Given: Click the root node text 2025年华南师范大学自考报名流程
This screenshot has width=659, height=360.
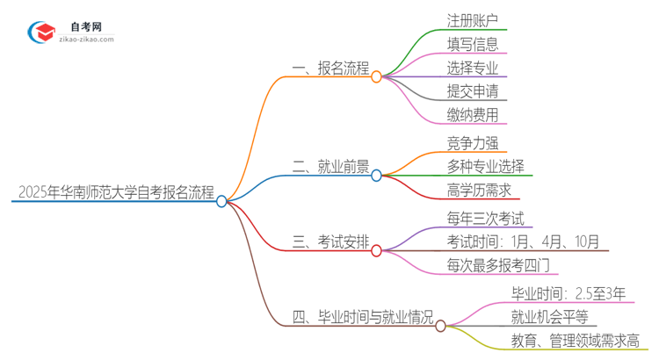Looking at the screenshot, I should (x=114, y=193).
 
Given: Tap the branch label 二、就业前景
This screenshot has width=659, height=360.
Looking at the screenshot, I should (x=330, y=166).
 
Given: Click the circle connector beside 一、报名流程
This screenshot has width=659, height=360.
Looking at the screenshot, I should (x=376, y=76).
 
